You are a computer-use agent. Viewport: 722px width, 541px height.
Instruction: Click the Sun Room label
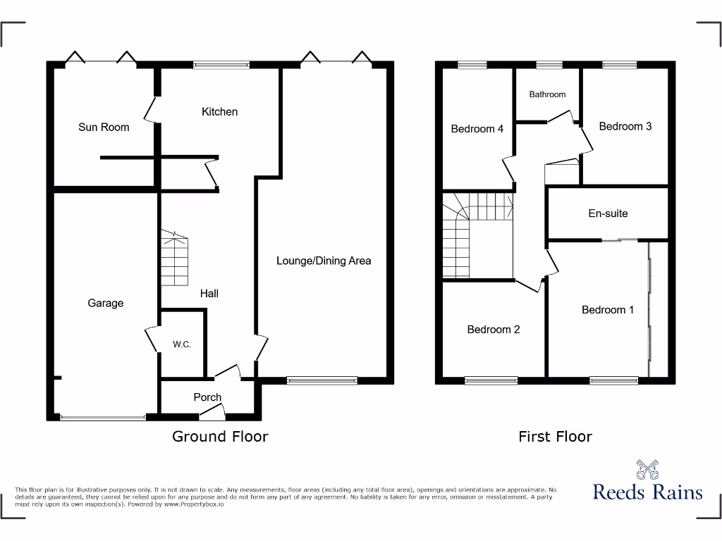tap(104, 128)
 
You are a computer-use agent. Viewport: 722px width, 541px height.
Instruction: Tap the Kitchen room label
tap(219, 112)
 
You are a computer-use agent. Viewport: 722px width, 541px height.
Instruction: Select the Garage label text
tap(105, 304)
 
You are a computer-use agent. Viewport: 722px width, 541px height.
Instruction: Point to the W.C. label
tap(182, 345)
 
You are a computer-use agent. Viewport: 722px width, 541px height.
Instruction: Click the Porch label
tap(207, 397)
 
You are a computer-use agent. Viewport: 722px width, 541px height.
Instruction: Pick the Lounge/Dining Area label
tap(323, 261)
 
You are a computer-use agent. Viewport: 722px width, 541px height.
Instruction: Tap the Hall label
tap(209, 293)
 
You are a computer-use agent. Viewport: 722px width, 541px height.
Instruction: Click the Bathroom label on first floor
tap(547, 94)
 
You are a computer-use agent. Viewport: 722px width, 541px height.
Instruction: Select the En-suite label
tap(608, 213)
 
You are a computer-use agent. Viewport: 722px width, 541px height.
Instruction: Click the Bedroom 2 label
tap(494, 330)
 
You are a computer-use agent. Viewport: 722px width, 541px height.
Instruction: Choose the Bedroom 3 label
tap(625, 127)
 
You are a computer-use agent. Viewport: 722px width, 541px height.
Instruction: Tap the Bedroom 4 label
tap(477, 129)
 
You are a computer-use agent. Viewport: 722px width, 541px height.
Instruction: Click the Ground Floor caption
tap(220, 437)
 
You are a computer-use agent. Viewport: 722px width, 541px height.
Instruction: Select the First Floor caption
tap(555, 437)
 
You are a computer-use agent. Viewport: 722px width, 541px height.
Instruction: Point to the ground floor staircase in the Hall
tap(175, 261)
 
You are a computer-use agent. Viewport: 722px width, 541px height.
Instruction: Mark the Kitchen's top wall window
tap(221, 66)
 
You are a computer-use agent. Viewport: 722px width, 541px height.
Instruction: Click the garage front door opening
tap(103, 418)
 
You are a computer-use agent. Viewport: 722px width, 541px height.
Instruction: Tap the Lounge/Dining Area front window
tap(322, 381)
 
